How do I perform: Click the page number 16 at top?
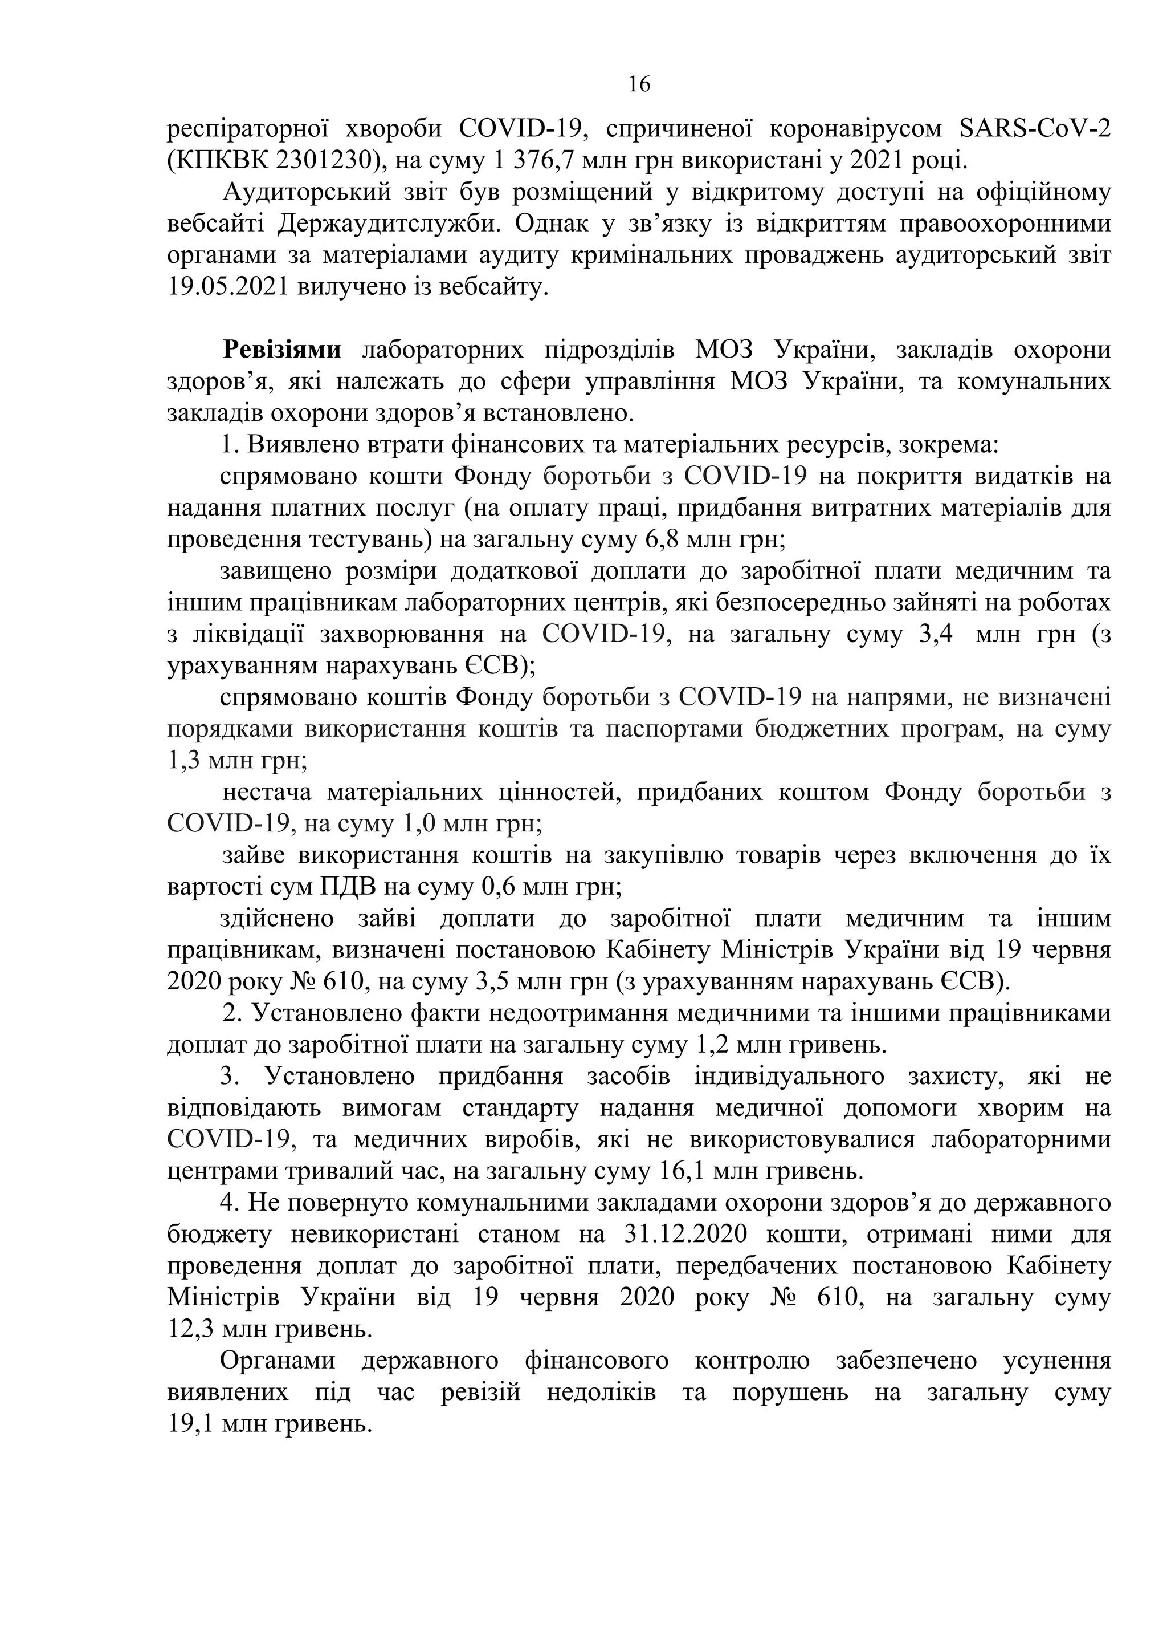click(x=639, y=85)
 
